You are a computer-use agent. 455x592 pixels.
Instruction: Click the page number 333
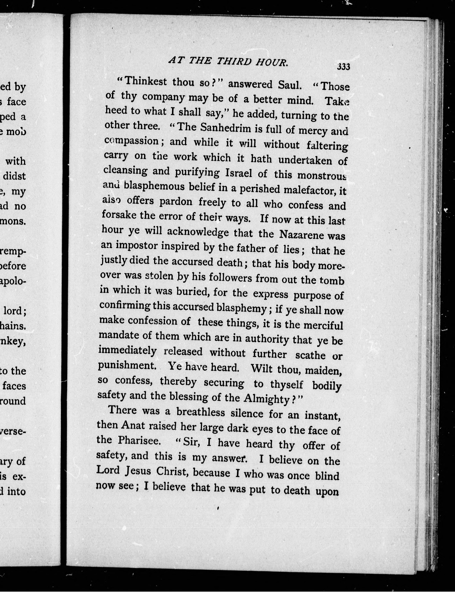click(x=343, y=67)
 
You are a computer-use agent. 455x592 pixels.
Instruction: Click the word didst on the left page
click(x=14, y=176)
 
